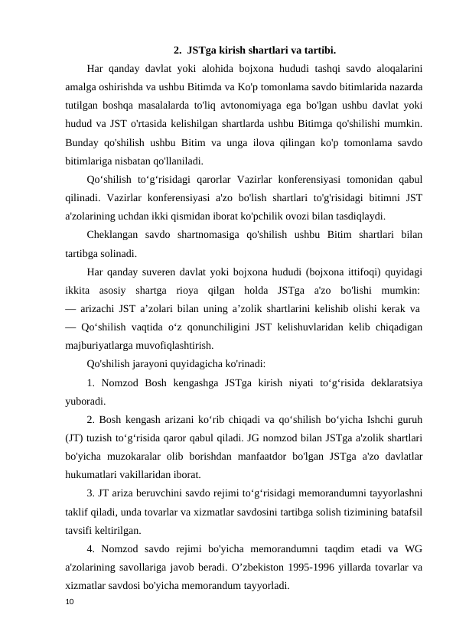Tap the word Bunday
coord(86,143)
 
